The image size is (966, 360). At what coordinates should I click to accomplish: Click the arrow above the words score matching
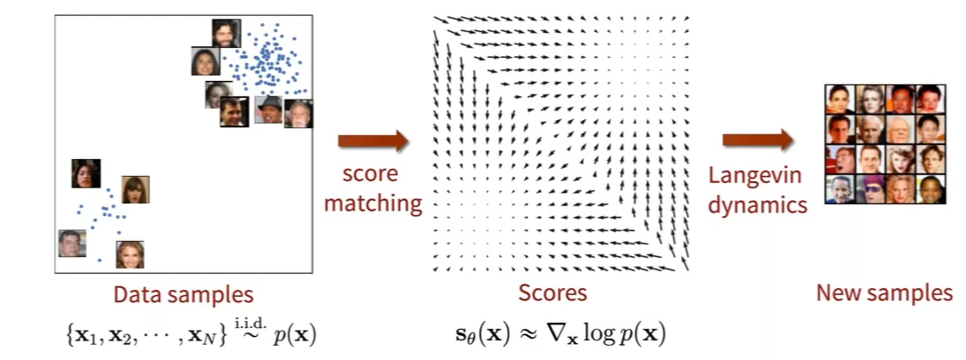(x=373, y=140)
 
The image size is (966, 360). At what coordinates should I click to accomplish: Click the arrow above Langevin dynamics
(x=757, y=140)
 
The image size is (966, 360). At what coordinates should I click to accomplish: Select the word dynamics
(x=757, y=204)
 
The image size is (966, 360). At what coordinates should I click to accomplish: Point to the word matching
(x=372, y=204)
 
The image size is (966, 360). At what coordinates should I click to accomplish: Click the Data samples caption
(x=182, y=294)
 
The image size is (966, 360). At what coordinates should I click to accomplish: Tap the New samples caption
(x=883, y=293)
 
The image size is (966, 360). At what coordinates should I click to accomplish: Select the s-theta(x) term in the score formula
(x=476, y=334)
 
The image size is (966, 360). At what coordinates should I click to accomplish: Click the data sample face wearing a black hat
(x=268, y=109)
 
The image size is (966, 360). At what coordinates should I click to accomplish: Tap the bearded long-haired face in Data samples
(x=226, y=33)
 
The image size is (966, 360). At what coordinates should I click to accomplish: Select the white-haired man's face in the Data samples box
(x=299, y=113)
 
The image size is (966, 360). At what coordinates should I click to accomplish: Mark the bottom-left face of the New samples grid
(x=839, y=190)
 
